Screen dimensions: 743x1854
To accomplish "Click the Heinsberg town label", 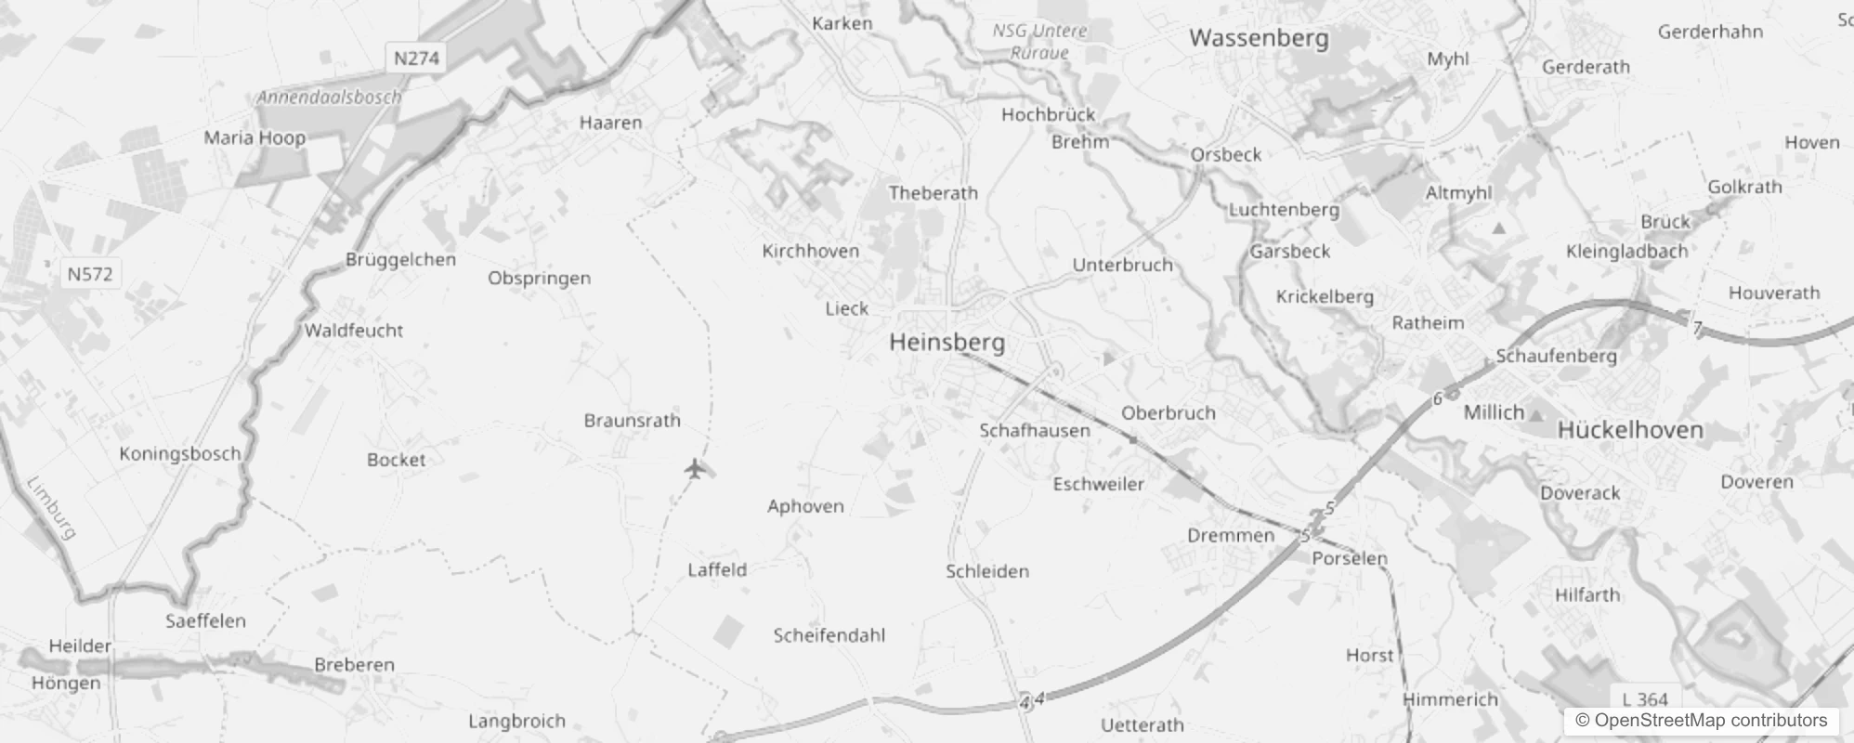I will point(947,342).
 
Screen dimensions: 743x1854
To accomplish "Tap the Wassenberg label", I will point(1259,38).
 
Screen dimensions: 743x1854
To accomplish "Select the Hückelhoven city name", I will point(1630,430).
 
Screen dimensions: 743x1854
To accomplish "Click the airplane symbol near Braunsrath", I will point(695,468).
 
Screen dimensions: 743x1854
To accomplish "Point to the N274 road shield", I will point(416,59).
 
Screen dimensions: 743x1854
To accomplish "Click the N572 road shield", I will point(90,274).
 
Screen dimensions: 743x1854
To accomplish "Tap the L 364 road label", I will point(1645,699).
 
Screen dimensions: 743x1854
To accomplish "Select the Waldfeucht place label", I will point(354,331).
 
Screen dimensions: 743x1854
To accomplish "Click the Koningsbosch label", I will point(180,454).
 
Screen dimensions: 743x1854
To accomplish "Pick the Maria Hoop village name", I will point(255,138).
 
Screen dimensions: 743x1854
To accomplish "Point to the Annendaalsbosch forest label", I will point(330,97).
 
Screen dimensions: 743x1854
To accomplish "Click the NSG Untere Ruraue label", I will point(1039,42).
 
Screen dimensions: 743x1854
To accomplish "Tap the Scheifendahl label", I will point(829,635).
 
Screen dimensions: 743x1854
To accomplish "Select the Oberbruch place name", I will point(1169,413).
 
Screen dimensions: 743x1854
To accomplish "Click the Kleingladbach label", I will point(1626,252).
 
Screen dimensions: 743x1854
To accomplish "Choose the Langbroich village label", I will point(516,722).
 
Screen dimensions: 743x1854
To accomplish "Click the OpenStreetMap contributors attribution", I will point(1701,721).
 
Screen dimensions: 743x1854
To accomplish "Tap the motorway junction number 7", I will point(1697,328).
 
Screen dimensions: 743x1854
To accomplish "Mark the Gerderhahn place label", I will point(1710,32).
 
